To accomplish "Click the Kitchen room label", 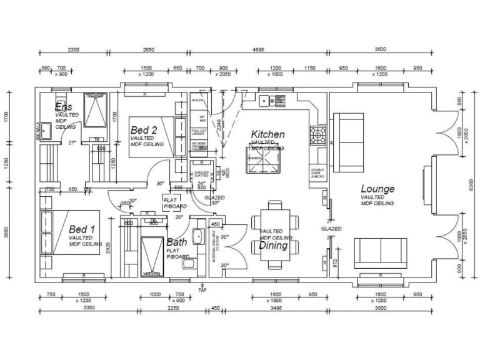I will click(x=267, y=134).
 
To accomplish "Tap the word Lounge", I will click(x=377, y=189).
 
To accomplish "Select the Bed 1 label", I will click(x=82, y=229).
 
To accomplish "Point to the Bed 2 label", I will click(x=144, y=129).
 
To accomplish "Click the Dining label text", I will click(x=273, y=246).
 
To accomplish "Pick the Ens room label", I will click(x=64, y=107).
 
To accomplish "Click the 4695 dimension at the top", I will click(x=257, y=49).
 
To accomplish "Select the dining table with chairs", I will click(x=275, y=234).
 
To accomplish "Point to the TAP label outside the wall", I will click(x=201, y=290).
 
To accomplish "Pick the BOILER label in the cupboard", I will click(x=197, y=100).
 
